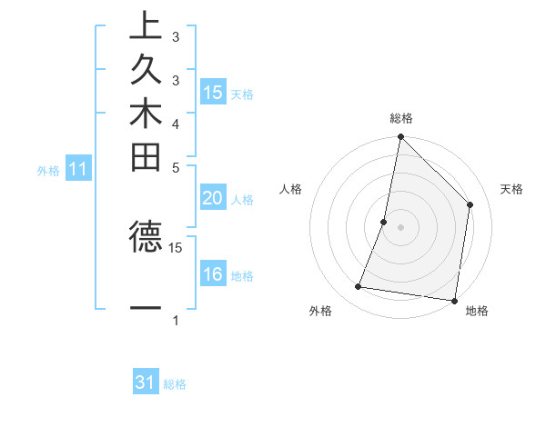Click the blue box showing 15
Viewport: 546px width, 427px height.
click(x=213, y=92)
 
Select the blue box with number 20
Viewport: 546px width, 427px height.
click(x=213, y=199)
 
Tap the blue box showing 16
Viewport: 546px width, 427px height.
click(x=213, y=274)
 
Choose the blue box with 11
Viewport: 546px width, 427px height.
click(x=78, y=168)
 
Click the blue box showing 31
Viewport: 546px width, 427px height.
click(x=146, y=382)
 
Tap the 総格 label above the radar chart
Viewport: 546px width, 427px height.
click(x=401, y=118)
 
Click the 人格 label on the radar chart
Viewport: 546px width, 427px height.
click(x=291, y=189)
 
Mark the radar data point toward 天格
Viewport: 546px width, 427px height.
click(x=470, y=204)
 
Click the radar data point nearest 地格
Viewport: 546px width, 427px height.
click(x=454, y=300)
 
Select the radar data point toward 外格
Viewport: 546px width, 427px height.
click(x=359, y=287)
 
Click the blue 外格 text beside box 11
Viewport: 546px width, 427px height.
click(x=48, y=169)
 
